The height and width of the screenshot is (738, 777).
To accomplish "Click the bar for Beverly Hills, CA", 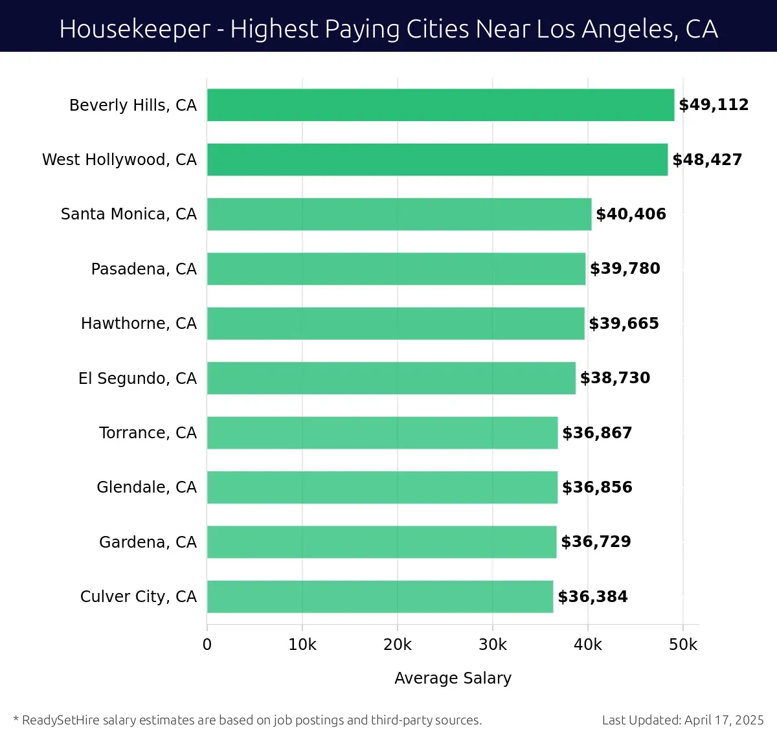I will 440,105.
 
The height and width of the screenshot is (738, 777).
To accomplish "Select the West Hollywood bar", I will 437,159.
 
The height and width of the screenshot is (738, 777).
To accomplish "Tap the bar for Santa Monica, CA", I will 399,214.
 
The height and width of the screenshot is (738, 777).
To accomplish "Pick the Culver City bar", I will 380,596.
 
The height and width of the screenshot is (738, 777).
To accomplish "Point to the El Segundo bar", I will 391,378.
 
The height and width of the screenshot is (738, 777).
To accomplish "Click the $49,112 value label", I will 714,105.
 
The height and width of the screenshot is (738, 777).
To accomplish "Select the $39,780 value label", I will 625,269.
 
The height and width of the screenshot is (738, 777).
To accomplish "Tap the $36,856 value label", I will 597,487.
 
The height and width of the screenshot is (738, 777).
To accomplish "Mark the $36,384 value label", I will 592,596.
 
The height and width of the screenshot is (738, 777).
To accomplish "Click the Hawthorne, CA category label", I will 139,324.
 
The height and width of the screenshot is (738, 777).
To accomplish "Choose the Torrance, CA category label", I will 148,432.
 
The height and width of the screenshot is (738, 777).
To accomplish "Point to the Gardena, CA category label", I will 148,542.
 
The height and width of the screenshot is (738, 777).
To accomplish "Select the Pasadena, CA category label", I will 144,269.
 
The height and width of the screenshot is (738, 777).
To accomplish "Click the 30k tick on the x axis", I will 493,645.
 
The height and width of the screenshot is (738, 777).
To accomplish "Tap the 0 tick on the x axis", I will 207,645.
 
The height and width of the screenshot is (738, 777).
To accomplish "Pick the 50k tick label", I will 683,645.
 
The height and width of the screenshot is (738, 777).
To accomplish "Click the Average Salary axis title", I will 453,678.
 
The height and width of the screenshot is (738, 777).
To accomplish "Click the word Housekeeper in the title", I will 135,29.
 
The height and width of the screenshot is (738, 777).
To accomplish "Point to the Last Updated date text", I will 682,720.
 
